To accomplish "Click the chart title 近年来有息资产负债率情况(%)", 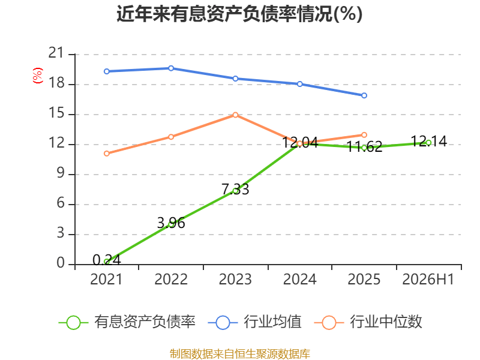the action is (239, 14).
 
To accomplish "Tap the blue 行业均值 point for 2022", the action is (171, 68).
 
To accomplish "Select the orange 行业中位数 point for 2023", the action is (235, 115).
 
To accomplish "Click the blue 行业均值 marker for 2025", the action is (364, 95).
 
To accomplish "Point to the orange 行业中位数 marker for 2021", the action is (107, 154).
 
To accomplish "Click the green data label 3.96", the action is (171, 223).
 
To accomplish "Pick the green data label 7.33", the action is (235, 189).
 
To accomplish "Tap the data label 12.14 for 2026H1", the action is (428, 141).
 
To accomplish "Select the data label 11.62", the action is (364, 146).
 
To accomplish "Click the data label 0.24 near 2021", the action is (107, 260).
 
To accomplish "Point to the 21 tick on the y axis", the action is (56, 53).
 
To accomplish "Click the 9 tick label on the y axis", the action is (61, 173).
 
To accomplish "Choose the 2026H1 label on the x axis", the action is (428, 279).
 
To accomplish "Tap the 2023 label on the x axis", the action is (235, 279).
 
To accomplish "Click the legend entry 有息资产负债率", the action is (127, 322).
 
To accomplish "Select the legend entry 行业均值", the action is (254, 322).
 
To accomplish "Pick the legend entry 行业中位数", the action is (368, 322).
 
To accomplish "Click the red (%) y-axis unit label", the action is (38, 76).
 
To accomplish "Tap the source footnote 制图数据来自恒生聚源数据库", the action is (240, 354).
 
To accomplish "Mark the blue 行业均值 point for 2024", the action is (299, 84).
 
